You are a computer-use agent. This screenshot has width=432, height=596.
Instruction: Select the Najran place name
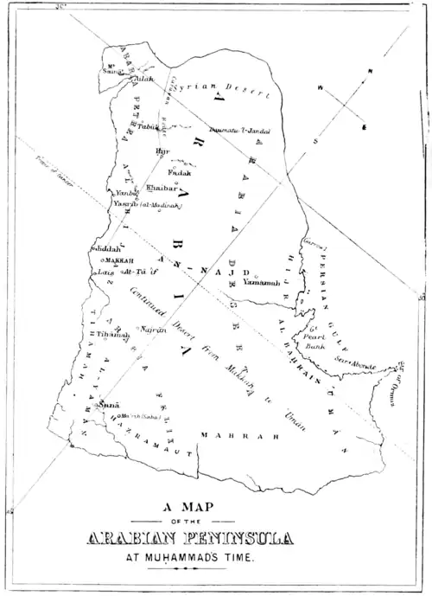click(x=152, y=330)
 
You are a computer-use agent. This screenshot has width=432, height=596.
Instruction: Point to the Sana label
click(x=107, y=404)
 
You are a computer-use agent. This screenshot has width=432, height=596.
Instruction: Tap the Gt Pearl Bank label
click(x=318, y=338)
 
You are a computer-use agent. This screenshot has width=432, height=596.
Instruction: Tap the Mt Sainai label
click(x=113, y=68)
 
